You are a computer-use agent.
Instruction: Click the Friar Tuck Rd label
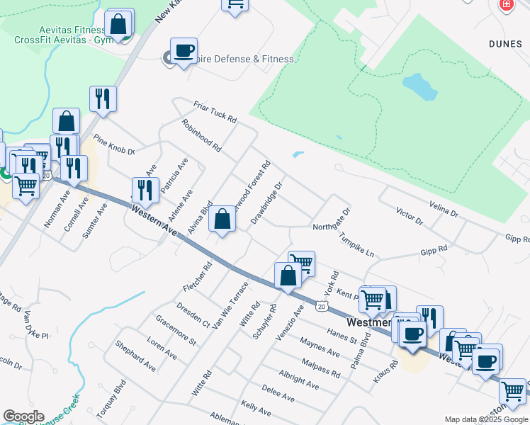click(215, 111)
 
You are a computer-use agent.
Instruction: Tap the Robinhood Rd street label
click(201, 136)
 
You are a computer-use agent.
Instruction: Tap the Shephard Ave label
click(135, 356)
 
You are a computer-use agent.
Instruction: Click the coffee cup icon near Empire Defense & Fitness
click(184, 51)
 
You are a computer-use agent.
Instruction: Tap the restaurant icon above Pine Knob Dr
click(103, 98)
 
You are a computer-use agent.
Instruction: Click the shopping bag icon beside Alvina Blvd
click(222, 219)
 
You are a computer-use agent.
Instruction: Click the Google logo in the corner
click(23, 416)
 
